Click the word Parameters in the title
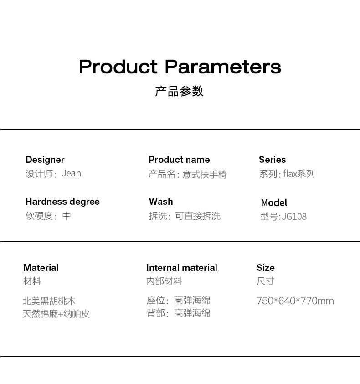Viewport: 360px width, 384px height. [223, 67]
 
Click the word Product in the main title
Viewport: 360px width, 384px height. [118, 67]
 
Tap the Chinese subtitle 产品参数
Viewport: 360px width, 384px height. [180, 91]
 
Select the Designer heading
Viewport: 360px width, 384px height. [45, 160]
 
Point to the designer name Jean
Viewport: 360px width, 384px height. [71, 173]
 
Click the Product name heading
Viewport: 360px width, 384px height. [179, 160]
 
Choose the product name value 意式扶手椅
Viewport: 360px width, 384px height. [205, 174]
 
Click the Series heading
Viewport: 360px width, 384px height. [273, 160]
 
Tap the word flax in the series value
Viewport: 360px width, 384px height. [290, 174]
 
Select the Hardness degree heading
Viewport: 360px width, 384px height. [62, 202]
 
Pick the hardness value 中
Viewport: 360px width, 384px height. [67, 216]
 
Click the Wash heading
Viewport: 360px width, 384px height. [161, 202]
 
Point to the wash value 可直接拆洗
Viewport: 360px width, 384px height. [198, 216]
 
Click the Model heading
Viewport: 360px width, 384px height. [274, 203]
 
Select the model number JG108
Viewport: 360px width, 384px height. [294, 217]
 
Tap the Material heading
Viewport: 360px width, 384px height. [41, 268]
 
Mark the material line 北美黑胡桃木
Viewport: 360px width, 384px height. [49, 301]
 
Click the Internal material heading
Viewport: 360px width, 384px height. [181, 268]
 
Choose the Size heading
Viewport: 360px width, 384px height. [266, 268]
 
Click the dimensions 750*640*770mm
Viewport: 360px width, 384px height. [295, 301]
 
